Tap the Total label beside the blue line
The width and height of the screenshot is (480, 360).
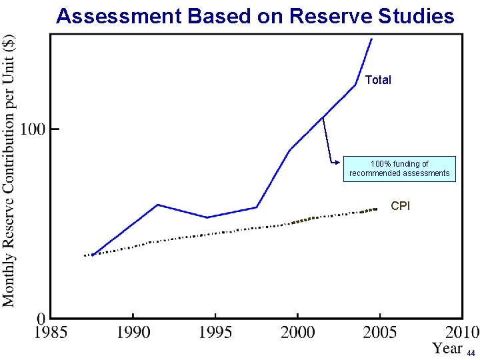(x=378, y=80)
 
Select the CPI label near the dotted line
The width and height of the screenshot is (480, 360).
(x=400, y=206)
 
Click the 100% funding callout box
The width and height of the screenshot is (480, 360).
(x=399, y=169)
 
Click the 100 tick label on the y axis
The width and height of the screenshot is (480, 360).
(x=34, y=129)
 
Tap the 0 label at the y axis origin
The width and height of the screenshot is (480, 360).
(x=41, y=318)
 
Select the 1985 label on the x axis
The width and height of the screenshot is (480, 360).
(x=51, y=332)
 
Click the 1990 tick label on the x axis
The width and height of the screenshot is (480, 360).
(x=133, y=332)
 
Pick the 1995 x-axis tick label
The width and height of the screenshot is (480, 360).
(x=215, y=332)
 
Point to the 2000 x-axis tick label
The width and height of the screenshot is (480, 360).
(x=297, y=332)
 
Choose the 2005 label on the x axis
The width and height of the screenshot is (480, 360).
(x=379, y=332)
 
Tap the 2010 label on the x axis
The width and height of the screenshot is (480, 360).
(x=461, y=332)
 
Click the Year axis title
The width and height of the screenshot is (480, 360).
(x=447, y=348)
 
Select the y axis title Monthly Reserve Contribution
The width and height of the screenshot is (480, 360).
(x=9, y=170)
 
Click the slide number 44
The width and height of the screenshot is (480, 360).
(x=471, y=353)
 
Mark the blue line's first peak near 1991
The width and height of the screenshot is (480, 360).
(x=157, y=205)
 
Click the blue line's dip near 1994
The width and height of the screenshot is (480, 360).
(x=207, y=217)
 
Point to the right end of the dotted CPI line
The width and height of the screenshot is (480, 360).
(x=377, y=209)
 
